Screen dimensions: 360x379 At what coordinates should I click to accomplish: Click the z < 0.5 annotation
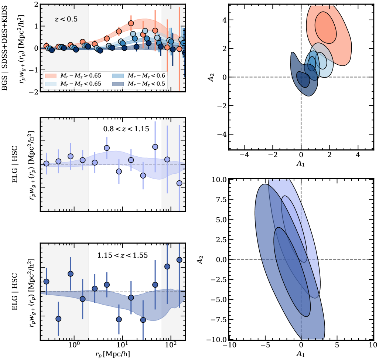tap(66, 19)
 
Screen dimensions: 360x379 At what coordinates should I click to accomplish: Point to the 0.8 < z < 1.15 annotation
tap(126, 129)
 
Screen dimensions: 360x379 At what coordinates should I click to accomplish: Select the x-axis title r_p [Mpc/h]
tap(112, 354)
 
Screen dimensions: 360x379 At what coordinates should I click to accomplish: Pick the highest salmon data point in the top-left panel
tap(131, 23)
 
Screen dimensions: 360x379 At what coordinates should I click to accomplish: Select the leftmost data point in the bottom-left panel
tap(46, 282)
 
